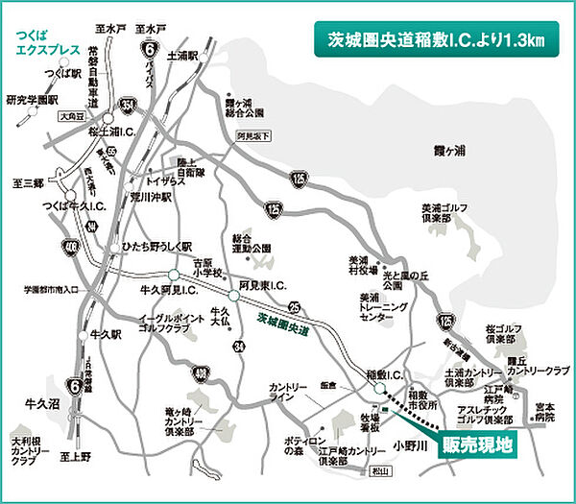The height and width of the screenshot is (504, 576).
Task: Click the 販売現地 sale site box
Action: (x=476, y=444)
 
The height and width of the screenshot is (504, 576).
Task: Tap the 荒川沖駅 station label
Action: (x=152, y=199)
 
